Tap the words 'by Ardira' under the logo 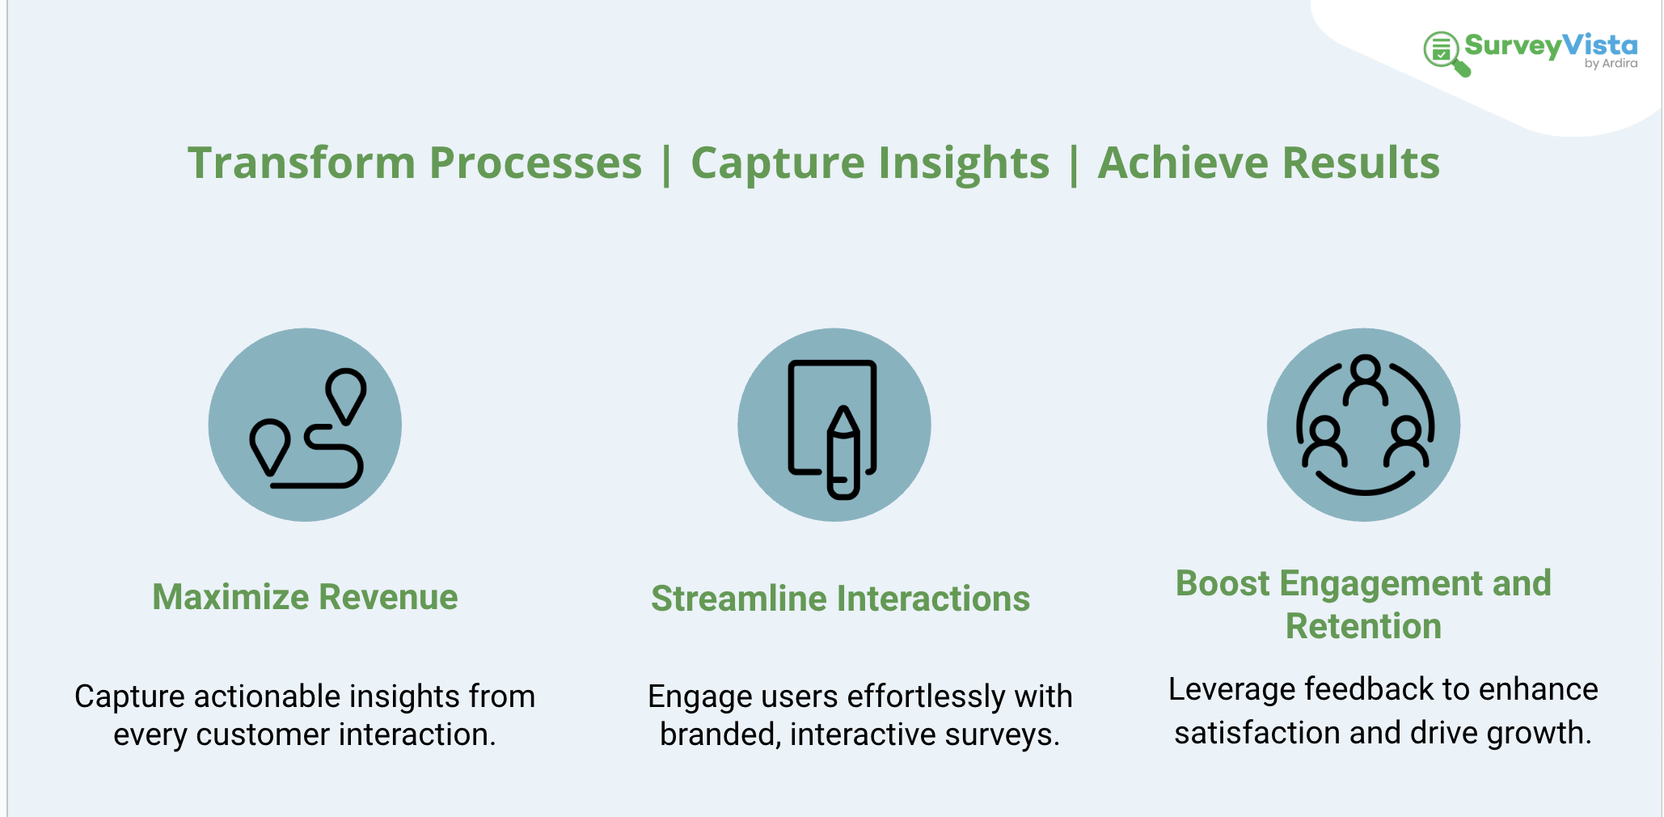[1611, 64]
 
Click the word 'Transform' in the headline [302, 163]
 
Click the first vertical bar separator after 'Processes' [666, 164]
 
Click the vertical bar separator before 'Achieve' [1074, 164]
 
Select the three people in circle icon [1364, 425]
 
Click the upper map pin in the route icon [346, 393]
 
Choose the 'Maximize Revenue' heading [305, 597]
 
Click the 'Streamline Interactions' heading [840, 599]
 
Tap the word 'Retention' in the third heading [1363, 626]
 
